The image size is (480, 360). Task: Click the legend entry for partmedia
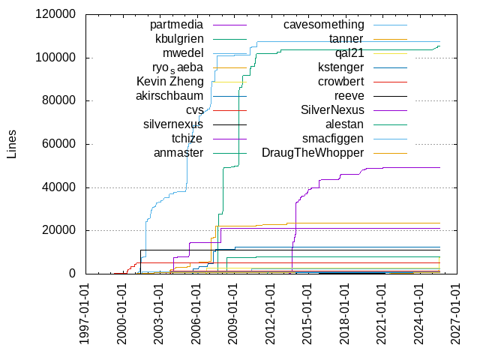pos(177,25)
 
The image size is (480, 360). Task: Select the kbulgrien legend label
pos(179,39)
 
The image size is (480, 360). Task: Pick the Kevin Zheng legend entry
pos(170,82)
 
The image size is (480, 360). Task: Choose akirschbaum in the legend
pos(170,96)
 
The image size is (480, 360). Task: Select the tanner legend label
pos(346,39)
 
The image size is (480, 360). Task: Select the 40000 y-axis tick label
pos(59,187)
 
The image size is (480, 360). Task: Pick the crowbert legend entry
pos(341,82)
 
